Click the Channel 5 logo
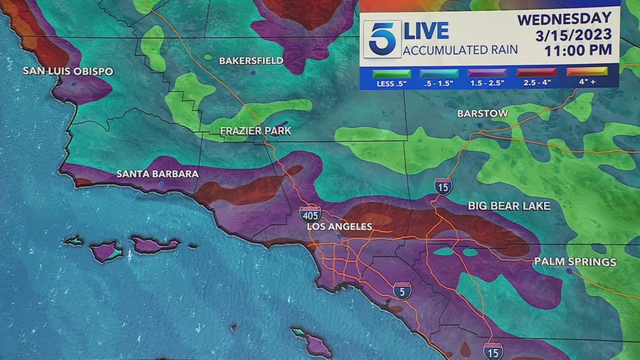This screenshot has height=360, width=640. [383, 39]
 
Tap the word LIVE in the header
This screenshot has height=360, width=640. [426, 31]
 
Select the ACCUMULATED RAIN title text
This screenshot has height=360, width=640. [460, 51]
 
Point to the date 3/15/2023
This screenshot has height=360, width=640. [575, 35]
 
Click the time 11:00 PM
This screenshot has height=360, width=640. [577, 51]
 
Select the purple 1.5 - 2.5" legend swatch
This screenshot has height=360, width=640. [487, 73]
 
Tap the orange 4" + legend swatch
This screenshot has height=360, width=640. [587, 73]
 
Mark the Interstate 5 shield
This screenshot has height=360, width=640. [402, 290]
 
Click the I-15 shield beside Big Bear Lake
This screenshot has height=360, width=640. [442, 186]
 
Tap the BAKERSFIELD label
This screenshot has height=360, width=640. [251, 60]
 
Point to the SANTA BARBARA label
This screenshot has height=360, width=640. [157, 174]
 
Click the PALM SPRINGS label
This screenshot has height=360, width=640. [575, 262]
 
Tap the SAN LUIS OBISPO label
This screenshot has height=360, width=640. [68, 71]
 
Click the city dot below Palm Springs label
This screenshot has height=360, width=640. [569, 271]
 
